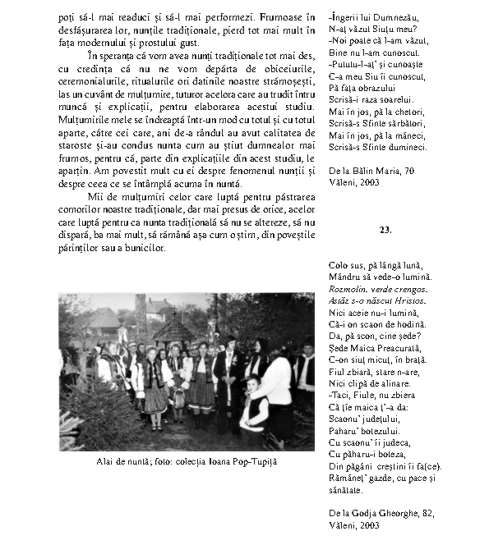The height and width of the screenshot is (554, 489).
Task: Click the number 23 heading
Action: [385, 229]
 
